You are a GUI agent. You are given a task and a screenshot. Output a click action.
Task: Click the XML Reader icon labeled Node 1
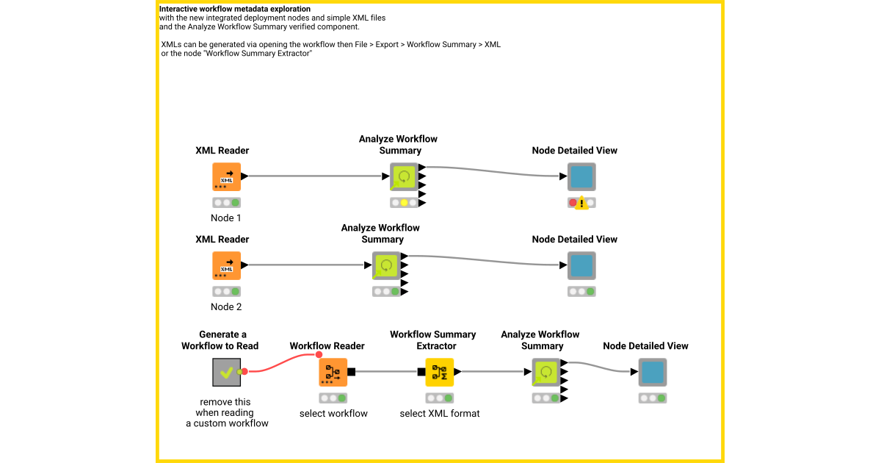coord(226,176)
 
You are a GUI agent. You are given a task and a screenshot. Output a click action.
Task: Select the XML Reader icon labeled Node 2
coord(226,265)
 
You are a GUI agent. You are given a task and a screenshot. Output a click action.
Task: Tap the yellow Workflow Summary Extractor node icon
coord(440,372)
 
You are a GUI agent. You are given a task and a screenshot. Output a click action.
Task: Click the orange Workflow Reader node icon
coord(333,372)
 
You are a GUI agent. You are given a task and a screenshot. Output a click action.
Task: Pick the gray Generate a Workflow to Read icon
coord(226,372)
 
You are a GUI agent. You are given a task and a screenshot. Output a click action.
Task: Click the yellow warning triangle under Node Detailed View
coord(581,203)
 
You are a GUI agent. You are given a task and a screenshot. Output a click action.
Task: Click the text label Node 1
coord(226,218)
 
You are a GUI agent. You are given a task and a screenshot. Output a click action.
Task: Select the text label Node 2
coord(226,307)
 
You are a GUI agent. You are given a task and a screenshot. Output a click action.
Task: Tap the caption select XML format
coord(440,414)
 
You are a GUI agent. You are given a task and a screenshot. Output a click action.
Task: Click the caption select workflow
coord(333,414)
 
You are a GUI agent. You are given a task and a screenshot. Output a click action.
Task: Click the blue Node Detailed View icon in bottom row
coord(652,372)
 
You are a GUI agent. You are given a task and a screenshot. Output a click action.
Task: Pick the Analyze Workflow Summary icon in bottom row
coord(546,372)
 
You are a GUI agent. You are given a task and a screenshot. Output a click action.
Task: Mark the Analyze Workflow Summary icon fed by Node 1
coord(404,176)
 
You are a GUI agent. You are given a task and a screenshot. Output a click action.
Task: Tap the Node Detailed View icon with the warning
coord(581,176)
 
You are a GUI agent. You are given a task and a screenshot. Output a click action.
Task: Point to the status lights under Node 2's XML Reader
coord(226,291)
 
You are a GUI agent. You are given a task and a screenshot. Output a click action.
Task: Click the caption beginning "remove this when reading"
coord(227,412)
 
